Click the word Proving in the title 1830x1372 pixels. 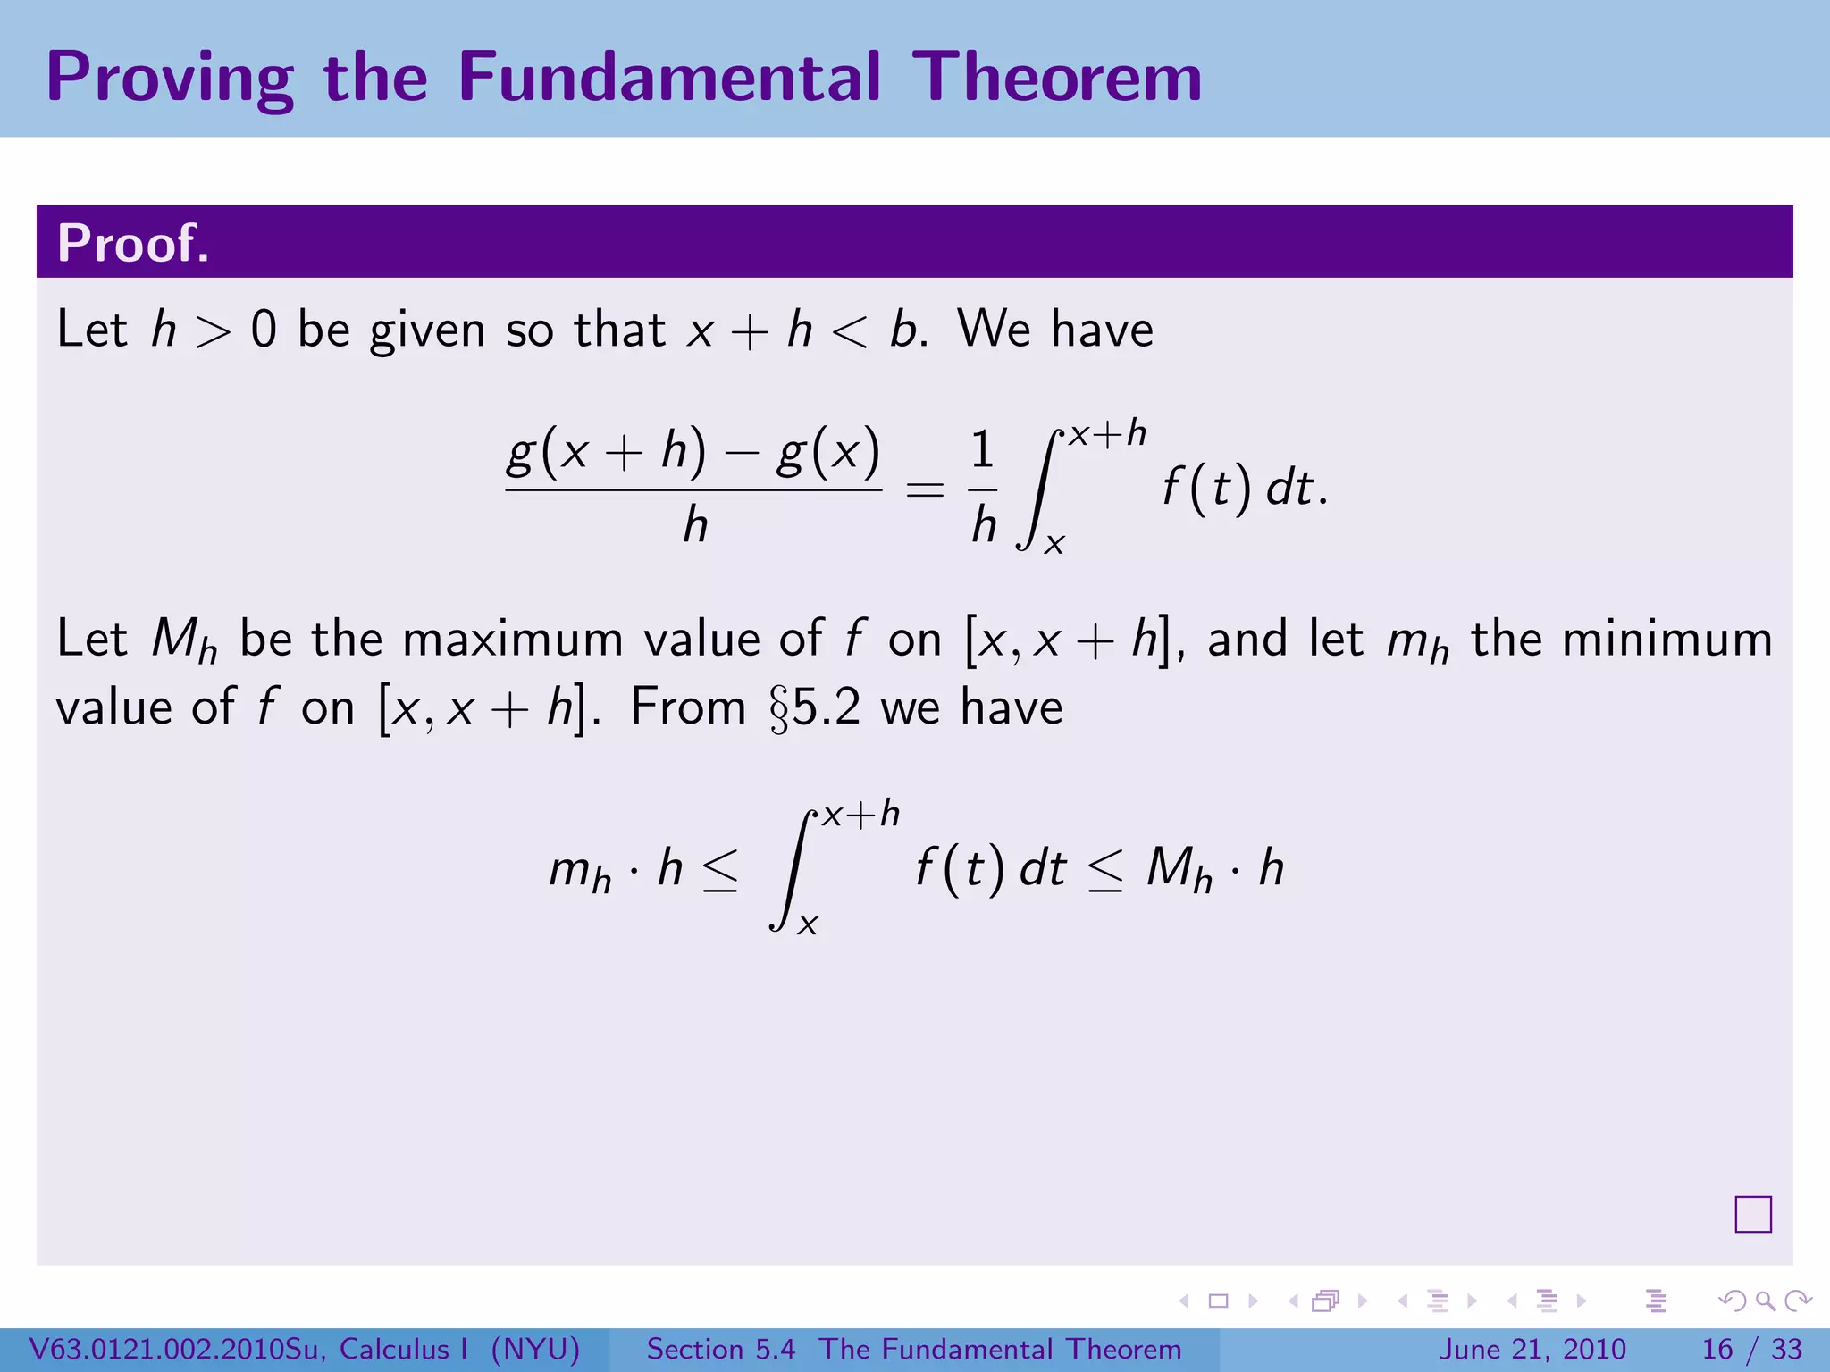(x=170, y=79)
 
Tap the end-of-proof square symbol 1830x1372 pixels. (x=1752, y=1214)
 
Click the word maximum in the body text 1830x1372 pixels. (x=513, y=640)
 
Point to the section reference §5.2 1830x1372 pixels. (x=815, y=708)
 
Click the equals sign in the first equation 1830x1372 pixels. (x=925, y=489)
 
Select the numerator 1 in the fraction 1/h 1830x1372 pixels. (x=982, y=449)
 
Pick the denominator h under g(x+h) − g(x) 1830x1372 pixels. (x=695, y=525)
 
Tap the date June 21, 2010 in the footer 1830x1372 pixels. (x=1532, y=1349)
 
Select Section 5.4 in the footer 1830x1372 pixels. (x=720, y=1349)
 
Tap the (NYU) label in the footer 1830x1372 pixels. (x=536, y=1349)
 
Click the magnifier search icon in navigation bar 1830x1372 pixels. (x=1765, y=1301)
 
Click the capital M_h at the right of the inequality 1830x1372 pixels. (x=1178, y=869)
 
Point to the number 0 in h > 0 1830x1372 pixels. (x=264, y=330)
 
